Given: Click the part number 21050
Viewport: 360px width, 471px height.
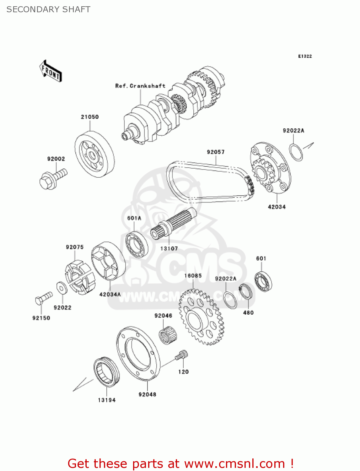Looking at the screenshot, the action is tap(90, 117).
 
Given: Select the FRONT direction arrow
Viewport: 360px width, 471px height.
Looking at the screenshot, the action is tap(51, 71).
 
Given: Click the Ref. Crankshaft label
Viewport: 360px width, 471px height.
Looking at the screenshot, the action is tap(140, 86).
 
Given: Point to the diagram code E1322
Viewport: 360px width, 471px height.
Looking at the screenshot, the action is tap(305, 56).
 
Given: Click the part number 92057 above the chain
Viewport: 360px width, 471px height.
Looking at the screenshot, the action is tap(216, 152).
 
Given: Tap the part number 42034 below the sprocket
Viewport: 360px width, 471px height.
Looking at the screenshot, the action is tap(277, 207).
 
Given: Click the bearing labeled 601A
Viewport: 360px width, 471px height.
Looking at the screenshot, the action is tap(137, 244).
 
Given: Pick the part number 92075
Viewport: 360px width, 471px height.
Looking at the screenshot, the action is tap(75, 247).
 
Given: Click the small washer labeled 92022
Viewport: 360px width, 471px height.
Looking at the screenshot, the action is tap(62, 288).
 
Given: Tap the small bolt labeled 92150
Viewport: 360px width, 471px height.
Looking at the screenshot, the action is tap(44, 298).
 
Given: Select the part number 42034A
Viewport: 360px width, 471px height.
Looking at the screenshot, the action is tap(110, 295).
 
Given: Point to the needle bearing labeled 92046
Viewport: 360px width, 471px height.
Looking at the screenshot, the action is tap(168, 335).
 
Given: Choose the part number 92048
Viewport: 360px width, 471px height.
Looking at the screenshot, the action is tap(147, 394).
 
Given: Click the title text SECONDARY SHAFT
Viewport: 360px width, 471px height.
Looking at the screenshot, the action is tap(48, 9).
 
